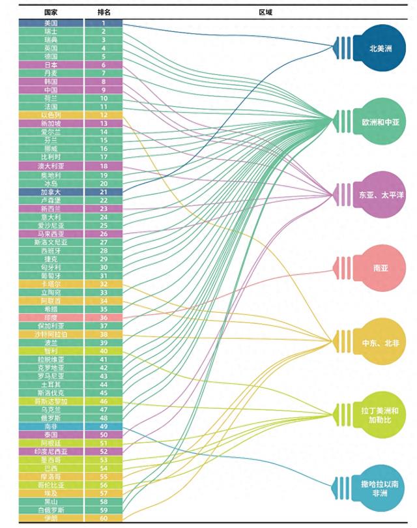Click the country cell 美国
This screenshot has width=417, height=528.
(51, 23)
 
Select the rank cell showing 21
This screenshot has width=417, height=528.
(103, 192)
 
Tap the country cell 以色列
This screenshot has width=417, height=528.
(51, 115)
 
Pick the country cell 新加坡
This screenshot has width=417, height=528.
(51, 123)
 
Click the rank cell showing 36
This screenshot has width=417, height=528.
(103, 317)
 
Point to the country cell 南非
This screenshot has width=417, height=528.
(51, 426)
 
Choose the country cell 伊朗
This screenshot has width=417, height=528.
(51, 518)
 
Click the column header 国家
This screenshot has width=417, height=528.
(51, 12)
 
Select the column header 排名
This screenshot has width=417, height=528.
(103, 12)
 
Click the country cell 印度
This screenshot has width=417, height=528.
(51, 317)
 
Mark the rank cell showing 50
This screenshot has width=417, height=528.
(103, 434)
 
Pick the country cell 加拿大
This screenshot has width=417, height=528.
(51, 192)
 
